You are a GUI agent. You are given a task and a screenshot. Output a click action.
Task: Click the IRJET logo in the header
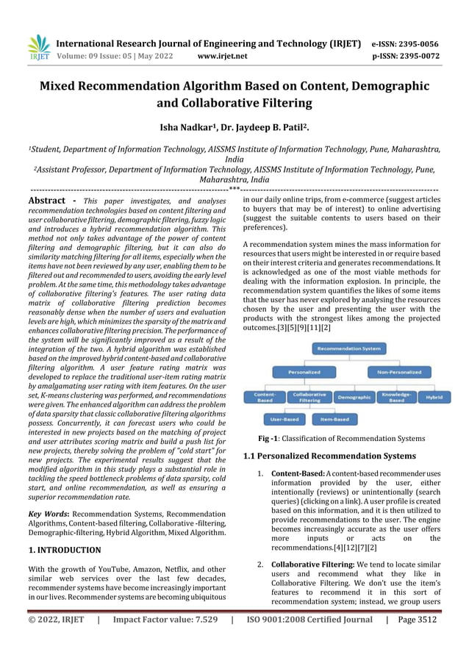[38, 47]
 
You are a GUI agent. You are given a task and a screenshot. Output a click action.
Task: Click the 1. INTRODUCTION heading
[65, 550]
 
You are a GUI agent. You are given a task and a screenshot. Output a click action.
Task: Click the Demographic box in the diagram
[354, 397]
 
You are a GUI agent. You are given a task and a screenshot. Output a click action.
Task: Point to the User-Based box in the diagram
[284, 420]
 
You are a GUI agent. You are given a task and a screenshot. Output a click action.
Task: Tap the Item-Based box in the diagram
[335, 420]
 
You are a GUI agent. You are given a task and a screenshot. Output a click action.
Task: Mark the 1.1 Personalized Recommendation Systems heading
[329, 456]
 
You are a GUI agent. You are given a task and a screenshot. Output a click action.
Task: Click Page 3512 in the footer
[416, 619]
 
